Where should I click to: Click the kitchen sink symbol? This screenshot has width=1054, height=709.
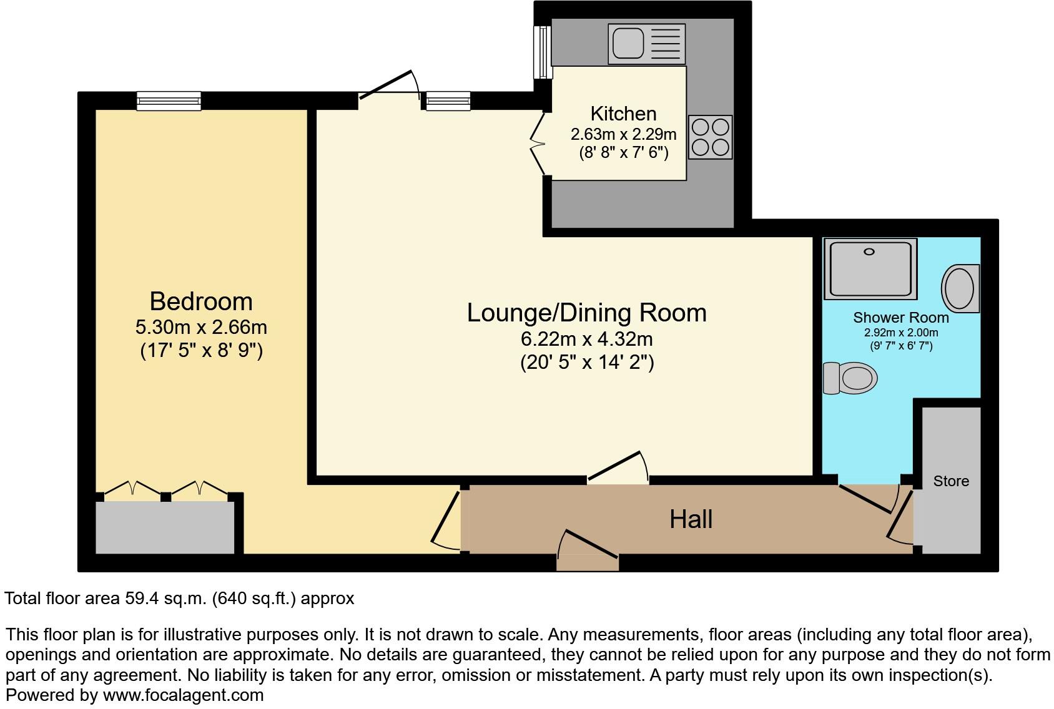(646, 44)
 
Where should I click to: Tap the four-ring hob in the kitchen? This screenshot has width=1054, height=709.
(711, 137)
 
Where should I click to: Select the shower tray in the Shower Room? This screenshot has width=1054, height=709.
(870, 268)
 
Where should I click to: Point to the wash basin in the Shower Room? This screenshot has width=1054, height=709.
(960, 288)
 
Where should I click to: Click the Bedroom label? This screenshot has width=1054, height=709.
(201, 301)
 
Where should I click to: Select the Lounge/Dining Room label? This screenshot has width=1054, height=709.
(586, 313)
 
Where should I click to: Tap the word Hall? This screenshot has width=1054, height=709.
(691, 519)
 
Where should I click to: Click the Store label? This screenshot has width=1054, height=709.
(950, 481)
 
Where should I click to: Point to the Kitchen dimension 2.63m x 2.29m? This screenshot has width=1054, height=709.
(623, 134)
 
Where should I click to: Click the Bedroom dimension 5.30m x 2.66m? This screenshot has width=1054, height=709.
(201, 327)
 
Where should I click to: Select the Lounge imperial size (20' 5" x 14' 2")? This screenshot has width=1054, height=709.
(586, 362)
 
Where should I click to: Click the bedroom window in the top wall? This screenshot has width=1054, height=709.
(169, 100)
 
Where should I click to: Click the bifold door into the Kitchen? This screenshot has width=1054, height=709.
(538, 144)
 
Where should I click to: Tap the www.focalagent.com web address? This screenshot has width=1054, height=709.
(183, 695)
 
